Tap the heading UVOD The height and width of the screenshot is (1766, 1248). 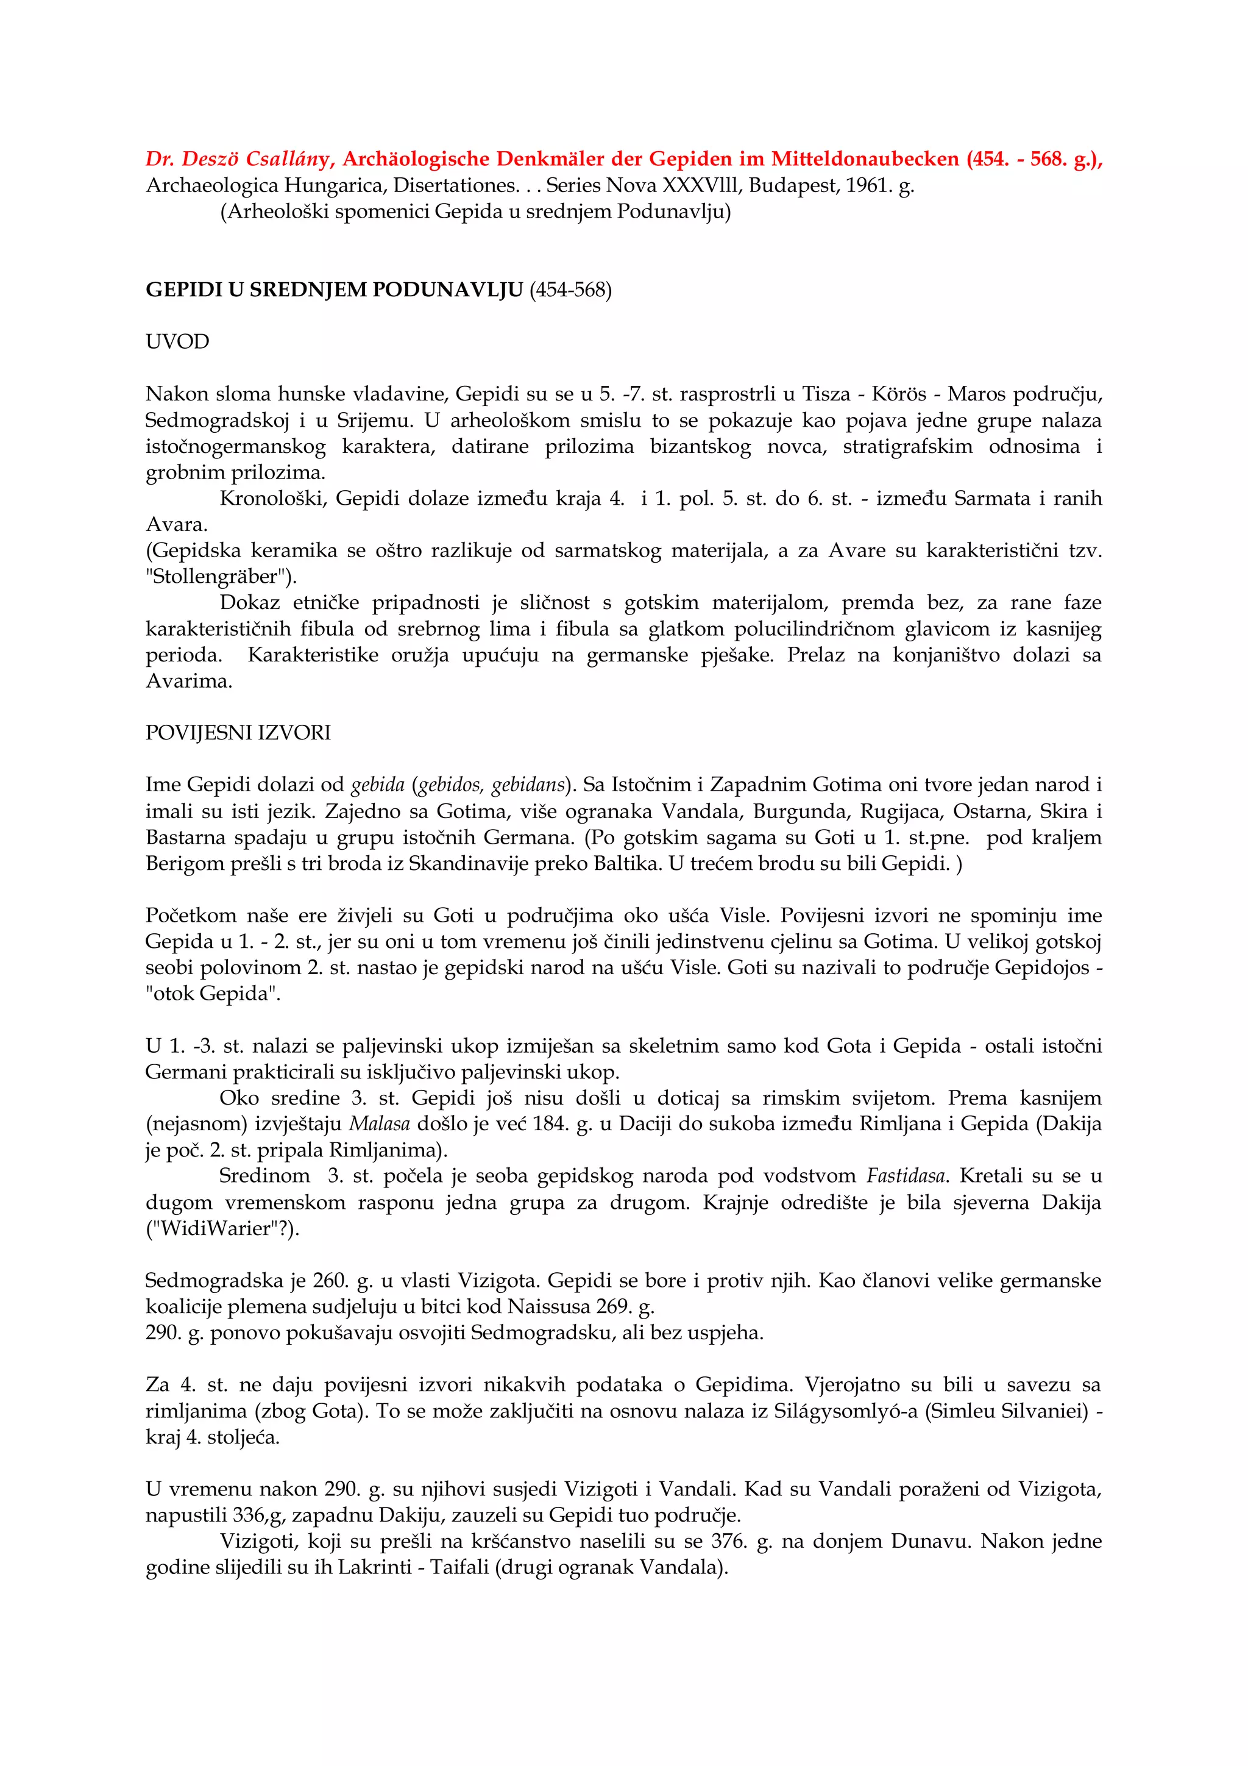click(x=177, y=341)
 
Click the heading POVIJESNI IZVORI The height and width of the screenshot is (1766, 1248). click(x=238, y=732)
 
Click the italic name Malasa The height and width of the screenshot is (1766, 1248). click(x=379, y=1123)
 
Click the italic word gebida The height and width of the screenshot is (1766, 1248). click(x=378, y=785)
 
